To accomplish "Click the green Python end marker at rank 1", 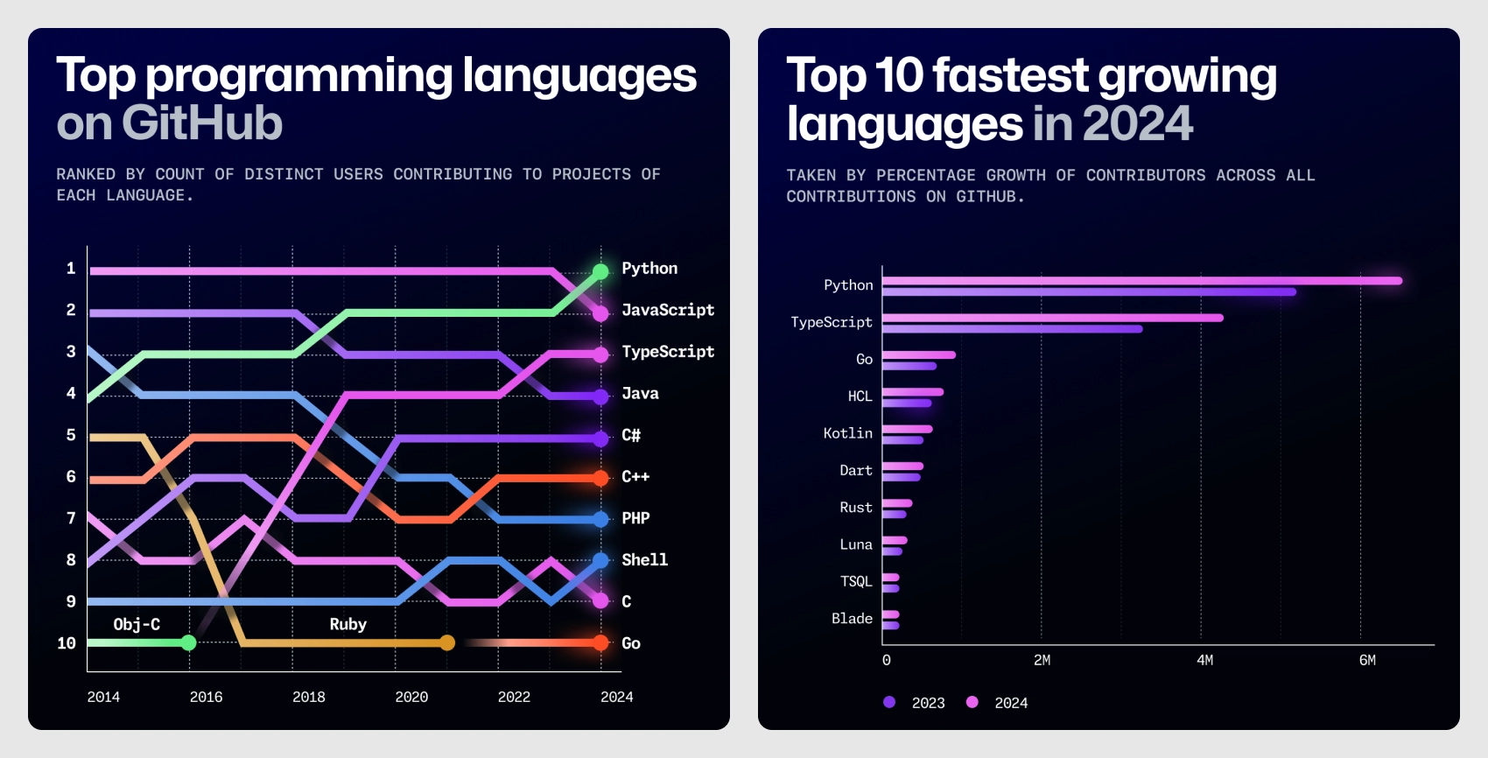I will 600,271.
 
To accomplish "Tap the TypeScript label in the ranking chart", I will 667,351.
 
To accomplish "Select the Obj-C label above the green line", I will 137,624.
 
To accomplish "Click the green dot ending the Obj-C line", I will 188,643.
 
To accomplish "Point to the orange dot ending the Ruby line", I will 447,643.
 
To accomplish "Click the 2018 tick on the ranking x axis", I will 308,697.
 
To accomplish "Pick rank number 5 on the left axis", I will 71,435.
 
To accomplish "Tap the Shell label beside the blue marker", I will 644,559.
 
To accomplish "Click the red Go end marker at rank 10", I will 600,643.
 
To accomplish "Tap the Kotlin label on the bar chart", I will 847,433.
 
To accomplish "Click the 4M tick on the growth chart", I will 1204,660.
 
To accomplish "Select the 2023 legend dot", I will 889,702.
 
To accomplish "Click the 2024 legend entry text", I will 1011,703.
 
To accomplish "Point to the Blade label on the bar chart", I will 852,618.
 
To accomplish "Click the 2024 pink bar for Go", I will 918,354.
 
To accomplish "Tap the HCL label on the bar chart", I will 860,396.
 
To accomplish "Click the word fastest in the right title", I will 1010,75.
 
